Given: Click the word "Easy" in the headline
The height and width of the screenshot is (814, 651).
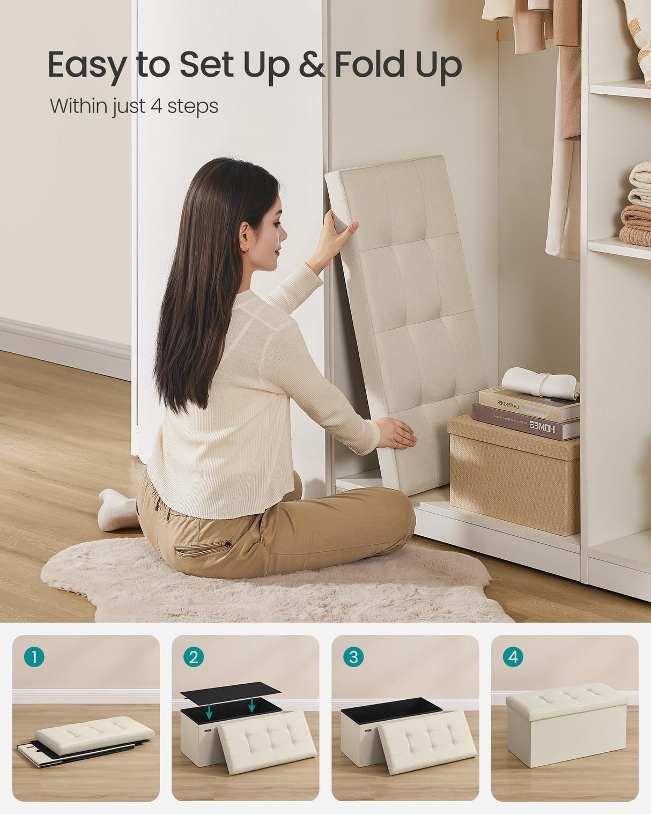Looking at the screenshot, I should pos(87,66).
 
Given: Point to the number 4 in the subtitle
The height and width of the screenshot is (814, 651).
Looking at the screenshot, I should pos(156,106).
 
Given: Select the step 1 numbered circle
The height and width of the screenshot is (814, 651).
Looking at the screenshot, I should pos(34,657).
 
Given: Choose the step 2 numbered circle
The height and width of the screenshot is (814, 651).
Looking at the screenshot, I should pos(194,657).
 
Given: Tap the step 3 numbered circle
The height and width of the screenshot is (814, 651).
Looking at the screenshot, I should pos(353,657).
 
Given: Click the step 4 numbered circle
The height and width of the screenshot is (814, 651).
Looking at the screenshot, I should pos(513,657).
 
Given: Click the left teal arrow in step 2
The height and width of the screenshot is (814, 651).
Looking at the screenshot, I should pos(209,711).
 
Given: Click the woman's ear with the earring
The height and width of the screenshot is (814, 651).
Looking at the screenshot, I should pos(245,239).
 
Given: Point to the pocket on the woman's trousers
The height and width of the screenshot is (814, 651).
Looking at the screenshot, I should pos(204,548).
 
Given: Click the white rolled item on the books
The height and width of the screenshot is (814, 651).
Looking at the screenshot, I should pos(540,382).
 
